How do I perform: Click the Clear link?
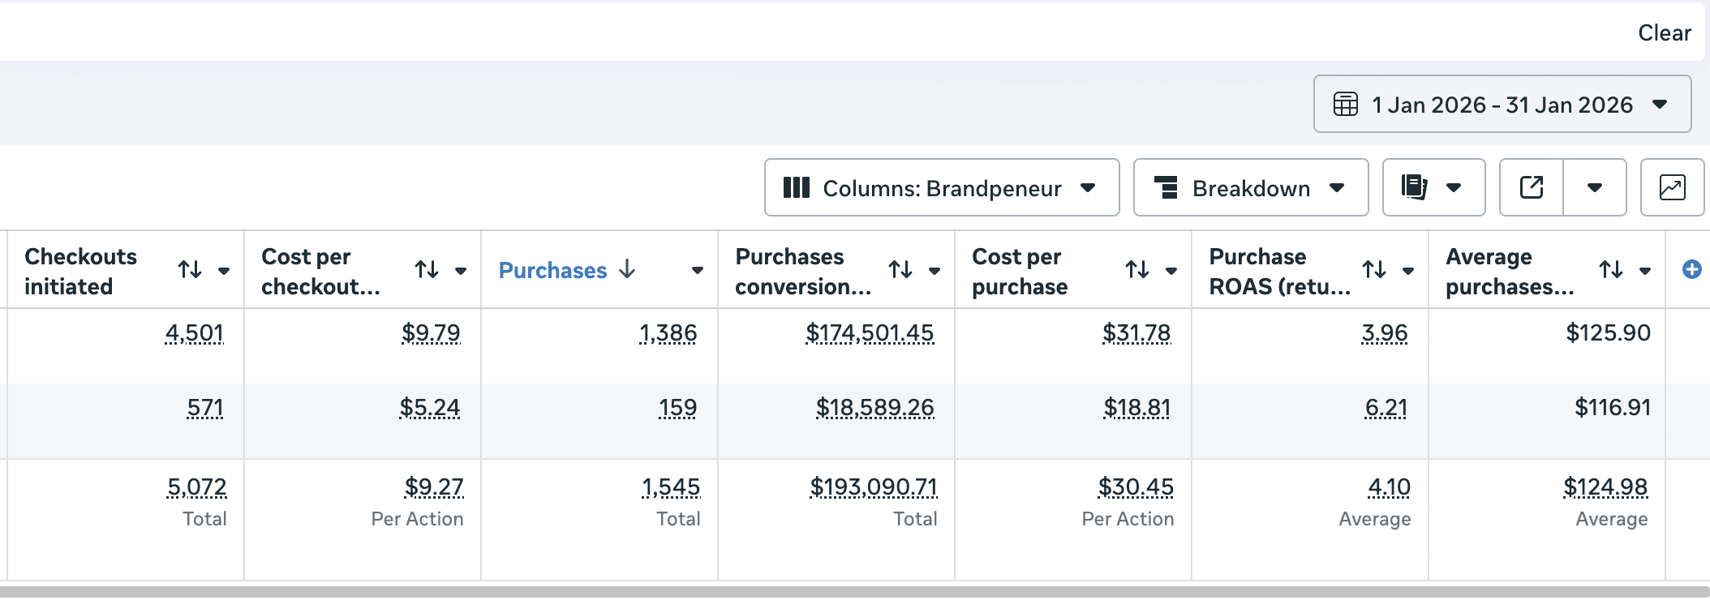pos(1664,33)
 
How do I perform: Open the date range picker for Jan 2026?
pos(1502,105)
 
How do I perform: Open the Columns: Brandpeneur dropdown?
pos(941,188)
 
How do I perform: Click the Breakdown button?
pos(1250,188)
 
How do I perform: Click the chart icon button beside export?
pos(1672,188)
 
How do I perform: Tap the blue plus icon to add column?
pos(1691,269)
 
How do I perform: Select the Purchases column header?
pos(552,270)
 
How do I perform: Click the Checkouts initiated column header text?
pos(80,271)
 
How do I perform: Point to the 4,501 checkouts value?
pos(194,333)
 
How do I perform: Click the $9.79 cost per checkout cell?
pos(431,333)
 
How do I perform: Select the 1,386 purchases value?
pos(668,333)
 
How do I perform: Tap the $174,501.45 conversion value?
pos(870,333)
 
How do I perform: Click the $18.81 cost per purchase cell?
pos(1136,408)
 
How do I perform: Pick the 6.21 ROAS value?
pos(1386,408)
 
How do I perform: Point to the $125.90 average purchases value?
pos(1608,333)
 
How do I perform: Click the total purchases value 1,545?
pos(671,487)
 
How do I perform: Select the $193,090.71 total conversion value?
pos(874,487)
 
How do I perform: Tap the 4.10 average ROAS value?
pos(1389,487)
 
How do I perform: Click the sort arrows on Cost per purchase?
pos(1137,269)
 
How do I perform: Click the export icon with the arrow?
pos(1531,188)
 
